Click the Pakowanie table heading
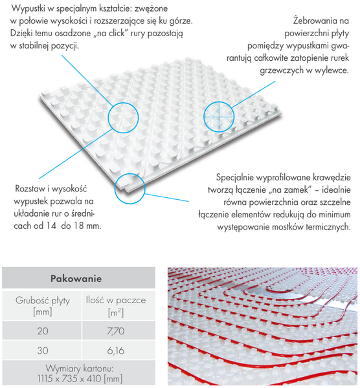(x=76, y=278)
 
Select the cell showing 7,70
(x=116, y=331)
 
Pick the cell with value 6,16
(x=116, y=350)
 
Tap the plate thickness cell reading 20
(x=43, y=331)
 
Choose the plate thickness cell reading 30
(x=43, y=350)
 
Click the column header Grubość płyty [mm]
(x=43, y=306)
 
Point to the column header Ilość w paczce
(x=116, y=300)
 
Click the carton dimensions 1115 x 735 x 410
(x=80, y=378)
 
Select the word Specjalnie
(x=235, y=178)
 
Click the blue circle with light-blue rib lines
(x=219, y=117)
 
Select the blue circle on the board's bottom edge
(x=129, y=189)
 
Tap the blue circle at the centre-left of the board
(x=123, y=118)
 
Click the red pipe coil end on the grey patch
(x=269, y=288)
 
